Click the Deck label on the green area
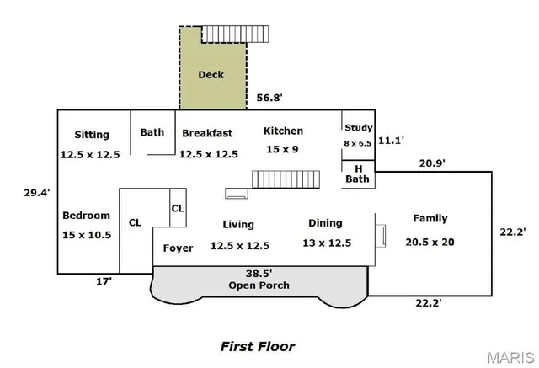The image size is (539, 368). pyautogui.click(x=211, y=75)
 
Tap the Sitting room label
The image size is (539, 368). pyautogui.click(x=91, y=135)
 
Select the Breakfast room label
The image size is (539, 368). pyautogui.click(x=207, y=133)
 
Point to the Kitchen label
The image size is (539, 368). pyautogui.click(x=283, y=131)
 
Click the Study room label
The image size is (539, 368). pyautogui.click(x=358, y=128)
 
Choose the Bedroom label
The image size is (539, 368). pyautogui.click(x=86, y=216)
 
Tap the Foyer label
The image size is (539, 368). pyautogui.click(x=178, y=248)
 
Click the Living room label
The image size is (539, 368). pyautogui.click(x=238, y=225)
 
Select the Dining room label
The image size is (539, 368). pyautogui.click(x=325, y=223)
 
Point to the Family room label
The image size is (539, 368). pyautogui.click(x=430, y=219)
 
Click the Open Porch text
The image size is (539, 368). pyautogui.click(x=259, y=285)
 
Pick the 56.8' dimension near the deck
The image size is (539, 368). pyautogui.click(x=269, y=98)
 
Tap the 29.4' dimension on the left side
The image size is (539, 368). pyautogui.click(x=36, y=192)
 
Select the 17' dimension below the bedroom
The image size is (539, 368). pyautogui.click(x=103, y=283)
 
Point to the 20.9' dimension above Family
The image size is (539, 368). pyautogui.click(x=431, y=163)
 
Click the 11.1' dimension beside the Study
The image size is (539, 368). pyautogui.click(x=391, y=141)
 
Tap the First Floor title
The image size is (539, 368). pyautogui.click(x=258, y=346)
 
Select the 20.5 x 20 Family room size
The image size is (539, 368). pyautogui.click(x=430, y=242)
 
